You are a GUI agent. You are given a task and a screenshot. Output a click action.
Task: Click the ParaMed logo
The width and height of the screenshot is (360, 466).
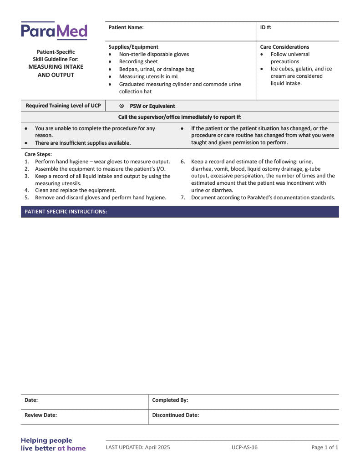click(54, 31)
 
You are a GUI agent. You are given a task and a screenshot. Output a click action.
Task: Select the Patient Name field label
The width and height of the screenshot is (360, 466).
click(126, 27)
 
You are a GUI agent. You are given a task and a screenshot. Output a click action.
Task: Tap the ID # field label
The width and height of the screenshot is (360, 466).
click(266, 27)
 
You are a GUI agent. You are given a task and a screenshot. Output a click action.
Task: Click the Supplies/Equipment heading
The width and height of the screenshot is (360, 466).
click(133, 47)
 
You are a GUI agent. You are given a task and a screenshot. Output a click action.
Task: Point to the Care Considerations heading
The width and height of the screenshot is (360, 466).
click(284, 47)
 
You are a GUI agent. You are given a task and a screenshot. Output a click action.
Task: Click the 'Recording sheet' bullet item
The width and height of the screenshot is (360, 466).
click(138, 61)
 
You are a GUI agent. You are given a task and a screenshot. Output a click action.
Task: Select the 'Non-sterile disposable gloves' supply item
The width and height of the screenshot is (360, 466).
click(154, 54)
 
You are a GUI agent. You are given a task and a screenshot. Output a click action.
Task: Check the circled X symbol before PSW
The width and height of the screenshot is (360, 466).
click(122, 106)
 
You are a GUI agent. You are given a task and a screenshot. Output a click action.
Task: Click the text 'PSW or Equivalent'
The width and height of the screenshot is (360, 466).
click(152, 106)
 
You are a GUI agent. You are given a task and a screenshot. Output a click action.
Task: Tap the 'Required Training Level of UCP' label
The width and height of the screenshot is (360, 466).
click(63, 106)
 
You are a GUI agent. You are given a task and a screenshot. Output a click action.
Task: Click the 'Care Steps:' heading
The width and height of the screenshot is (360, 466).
click(38, 154)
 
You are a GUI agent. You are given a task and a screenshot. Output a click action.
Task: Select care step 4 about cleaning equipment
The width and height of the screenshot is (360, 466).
click(76, 190)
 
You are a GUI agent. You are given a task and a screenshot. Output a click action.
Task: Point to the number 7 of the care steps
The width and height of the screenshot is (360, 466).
click(183, 198)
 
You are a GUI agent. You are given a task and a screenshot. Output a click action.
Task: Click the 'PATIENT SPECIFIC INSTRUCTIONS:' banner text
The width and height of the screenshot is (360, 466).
click(66, 212)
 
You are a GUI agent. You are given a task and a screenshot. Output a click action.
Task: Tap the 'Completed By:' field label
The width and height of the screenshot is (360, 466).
click(170, 400)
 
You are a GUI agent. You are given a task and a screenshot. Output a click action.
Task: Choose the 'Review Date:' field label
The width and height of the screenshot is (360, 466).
click(41, 415)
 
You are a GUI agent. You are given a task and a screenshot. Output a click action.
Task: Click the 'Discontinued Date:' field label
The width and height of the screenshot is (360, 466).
click(176, 415)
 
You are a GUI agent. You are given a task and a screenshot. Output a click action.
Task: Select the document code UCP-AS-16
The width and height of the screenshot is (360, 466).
click(244, 447)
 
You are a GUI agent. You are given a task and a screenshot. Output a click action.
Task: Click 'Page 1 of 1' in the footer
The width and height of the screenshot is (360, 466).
click(325, 447)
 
